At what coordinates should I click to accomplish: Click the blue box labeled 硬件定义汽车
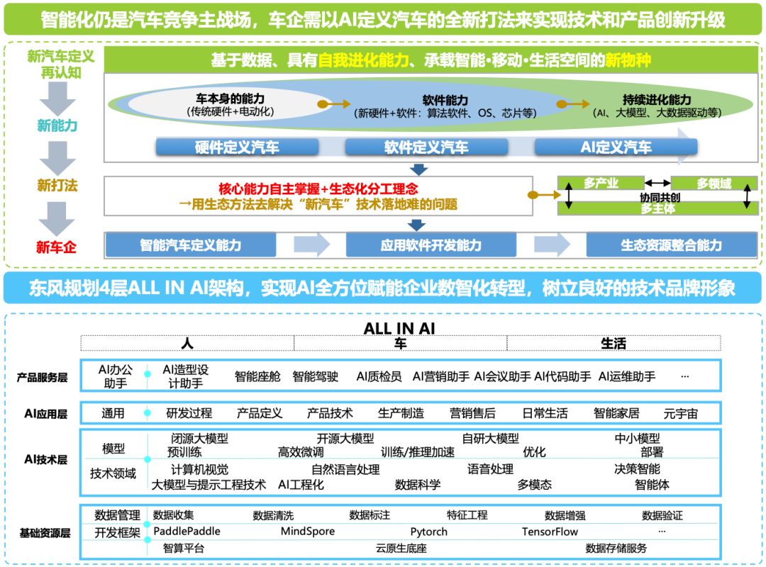tap(237, 147)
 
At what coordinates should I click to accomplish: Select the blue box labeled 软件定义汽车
tap(426, 147)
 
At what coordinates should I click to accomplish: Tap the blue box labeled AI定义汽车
tap(616, 147)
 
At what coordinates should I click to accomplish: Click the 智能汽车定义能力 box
tap(191, 245)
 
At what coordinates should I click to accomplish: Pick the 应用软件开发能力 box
tap(431, 245)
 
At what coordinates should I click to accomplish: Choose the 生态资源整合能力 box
tap(672, 245)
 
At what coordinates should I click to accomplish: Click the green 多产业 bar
tap(601, 183)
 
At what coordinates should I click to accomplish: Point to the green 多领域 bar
tap(714, 183)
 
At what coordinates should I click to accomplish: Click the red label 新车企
tap(56, 247)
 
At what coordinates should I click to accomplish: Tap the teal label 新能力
tap(57, 125)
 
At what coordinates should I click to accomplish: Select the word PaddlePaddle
tap(187, 532)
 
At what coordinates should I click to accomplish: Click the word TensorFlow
tap(550, 532)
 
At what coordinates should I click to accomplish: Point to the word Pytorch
tap(429, 532)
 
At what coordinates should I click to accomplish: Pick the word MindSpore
tap(308, 532)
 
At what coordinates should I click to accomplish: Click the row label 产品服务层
tap(43, 378)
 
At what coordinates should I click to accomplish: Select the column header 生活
tap(613, 343)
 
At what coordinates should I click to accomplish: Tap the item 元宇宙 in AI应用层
tap(680, 414)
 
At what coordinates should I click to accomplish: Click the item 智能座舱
tap(257, 376)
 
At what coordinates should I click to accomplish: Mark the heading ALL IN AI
tap(399, 328)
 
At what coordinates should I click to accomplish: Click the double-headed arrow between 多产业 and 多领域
tap(657, 183)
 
